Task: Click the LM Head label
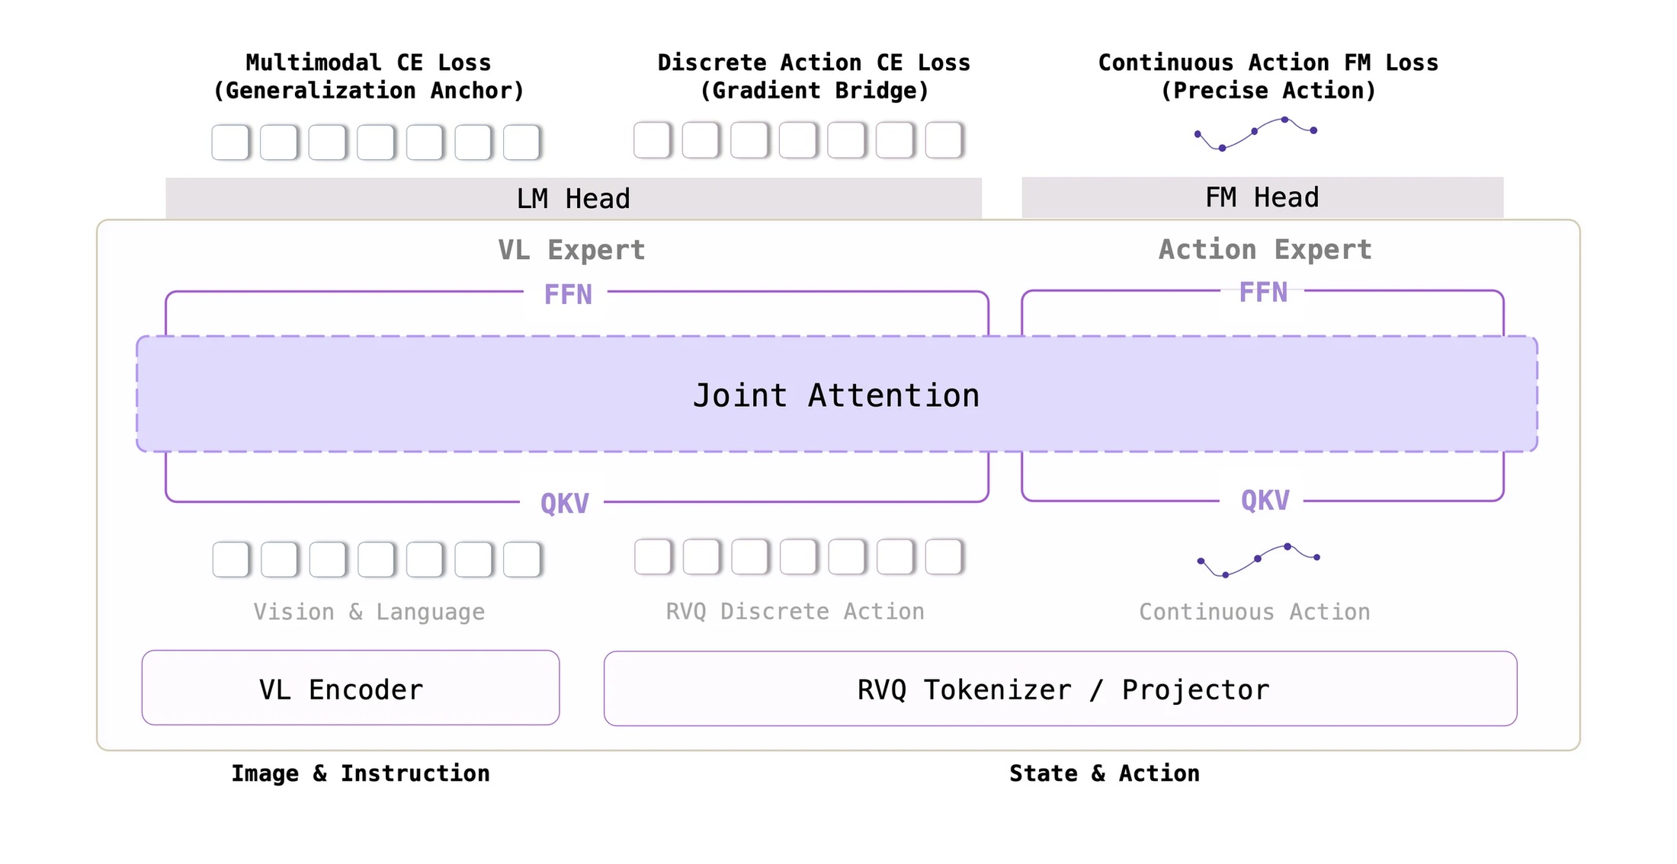[573, 199]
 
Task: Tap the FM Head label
[1262, 197]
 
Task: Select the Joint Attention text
[836, 395]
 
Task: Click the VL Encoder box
[351, 688]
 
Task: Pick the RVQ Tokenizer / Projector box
[1060, 689]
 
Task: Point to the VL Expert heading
[572, 250]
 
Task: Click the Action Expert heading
[1265, 249]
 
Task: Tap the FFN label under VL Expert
[568, 295]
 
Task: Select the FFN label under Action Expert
[1263, 293]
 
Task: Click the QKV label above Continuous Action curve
[1265, 501]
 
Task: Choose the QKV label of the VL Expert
[565, 504]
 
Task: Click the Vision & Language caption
[369, 612]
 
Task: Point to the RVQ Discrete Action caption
[795, 611]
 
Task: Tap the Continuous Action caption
[1255, 612]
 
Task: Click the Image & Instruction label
[361, 773]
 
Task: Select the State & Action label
[1105, 773]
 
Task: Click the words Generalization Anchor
[369, 91]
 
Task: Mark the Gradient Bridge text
[814, 91]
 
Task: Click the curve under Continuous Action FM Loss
[1255, 134]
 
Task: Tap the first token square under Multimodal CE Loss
[230, 142]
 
